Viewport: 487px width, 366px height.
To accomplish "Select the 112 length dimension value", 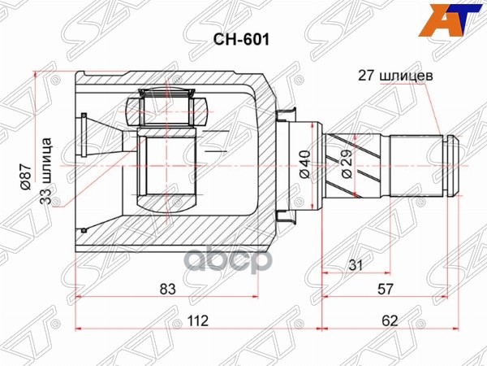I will point(196,320).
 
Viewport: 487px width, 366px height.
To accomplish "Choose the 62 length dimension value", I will point(390,320).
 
